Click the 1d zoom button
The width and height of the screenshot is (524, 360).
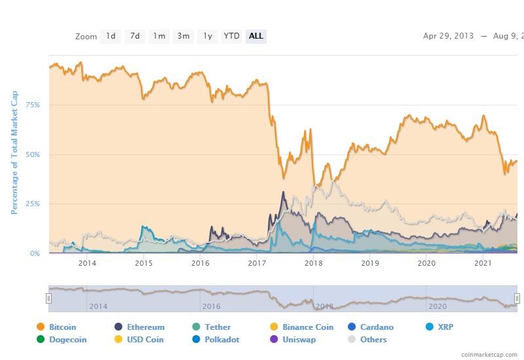pyautogui.click(x=111, y=36)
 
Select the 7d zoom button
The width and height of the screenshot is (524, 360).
pyautogui.click(x=135, y=36)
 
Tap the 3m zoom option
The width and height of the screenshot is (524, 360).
pyautogui.click(x=183, y=36)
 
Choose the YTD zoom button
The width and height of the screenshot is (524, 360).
pyautogui.click(x=231, y=36)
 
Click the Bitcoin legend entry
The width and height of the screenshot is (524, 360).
pyautogui.click(x=62, y=327)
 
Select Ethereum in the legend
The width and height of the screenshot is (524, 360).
pyautogui.click(x=145, y=327)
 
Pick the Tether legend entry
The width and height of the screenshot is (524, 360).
pyautogui.click(x=217, y=327)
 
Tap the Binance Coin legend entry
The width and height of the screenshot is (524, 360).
pyautogui.click(x=307, y=327)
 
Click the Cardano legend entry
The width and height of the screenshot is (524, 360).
pyautogui.click(x=377, y=327)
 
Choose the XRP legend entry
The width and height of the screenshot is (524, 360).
pyautogui.click(x=445, y=327)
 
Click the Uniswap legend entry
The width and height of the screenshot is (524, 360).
pyautogui.click(x=299, y=340)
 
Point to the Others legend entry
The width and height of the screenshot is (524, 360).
pyautogui.click(x=373, y=340)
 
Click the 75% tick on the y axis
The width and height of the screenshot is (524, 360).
pyautogui.click(x=33, y=105)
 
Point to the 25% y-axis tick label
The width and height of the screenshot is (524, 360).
pyautogui.click(x=33, y=204)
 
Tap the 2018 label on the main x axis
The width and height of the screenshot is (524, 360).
pyautogui.click(x=314, y=263)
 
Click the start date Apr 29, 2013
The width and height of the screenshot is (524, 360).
pyautogui.click(x=449, y=36)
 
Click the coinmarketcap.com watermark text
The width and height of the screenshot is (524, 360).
pyautogui.click(x=489, y=354)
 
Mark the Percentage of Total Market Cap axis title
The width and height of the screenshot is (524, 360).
pyautogui.click(x=14, y=153)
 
